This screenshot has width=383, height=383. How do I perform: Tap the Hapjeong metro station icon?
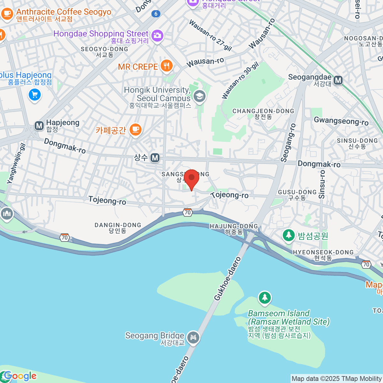pos(39,126)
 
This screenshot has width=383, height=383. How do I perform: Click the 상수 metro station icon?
pos(155,158)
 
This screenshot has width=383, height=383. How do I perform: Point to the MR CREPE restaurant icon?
pos(166,66)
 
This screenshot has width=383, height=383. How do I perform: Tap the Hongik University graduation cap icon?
pos(200,96)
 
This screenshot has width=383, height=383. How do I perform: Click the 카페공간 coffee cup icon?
pos(136,130)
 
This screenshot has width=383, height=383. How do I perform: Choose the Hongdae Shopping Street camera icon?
pos(157,35)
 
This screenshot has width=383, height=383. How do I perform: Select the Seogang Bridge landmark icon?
pos(193,337)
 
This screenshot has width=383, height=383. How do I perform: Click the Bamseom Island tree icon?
pos(265,297)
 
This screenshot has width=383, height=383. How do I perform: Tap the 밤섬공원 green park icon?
pos(289,236)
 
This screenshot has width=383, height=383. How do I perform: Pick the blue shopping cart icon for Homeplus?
pos(34,94)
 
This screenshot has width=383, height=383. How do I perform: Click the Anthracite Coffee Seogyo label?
pos(64,12)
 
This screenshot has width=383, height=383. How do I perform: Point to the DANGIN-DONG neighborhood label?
pos(118,228)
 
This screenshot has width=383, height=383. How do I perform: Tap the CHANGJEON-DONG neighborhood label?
pos(263,114)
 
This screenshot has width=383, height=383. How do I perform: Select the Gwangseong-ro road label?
pos(341,121)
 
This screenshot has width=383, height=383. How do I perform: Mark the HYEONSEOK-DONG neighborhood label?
pos(323,255)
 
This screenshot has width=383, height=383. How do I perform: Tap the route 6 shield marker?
pos(156,14)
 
